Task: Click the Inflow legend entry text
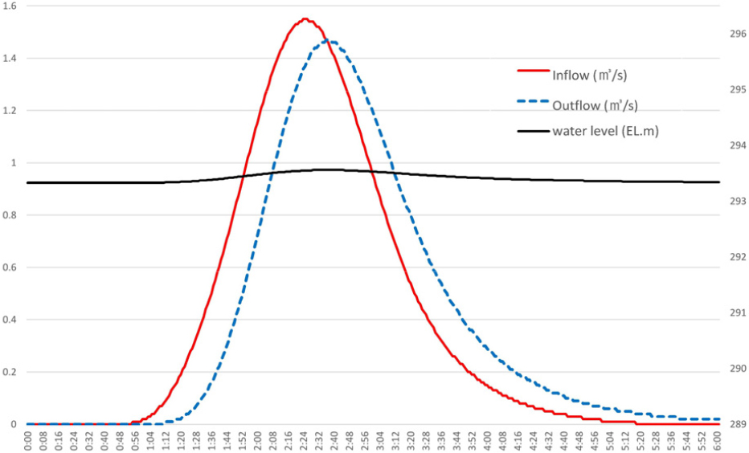(589, 75)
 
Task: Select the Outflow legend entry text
(596, 104)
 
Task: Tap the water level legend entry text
(605, 131)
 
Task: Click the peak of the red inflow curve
(305, 18)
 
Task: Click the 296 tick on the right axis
(738, 34)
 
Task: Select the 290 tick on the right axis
(738, 369)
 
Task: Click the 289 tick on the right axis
(738, 424)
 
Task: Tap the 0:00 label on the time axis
(28, 440)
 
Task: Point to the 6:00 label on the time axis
(719, 440)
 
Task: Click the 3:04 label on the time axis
(381, 440)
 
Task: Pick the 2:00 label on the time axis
(258, 440)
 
